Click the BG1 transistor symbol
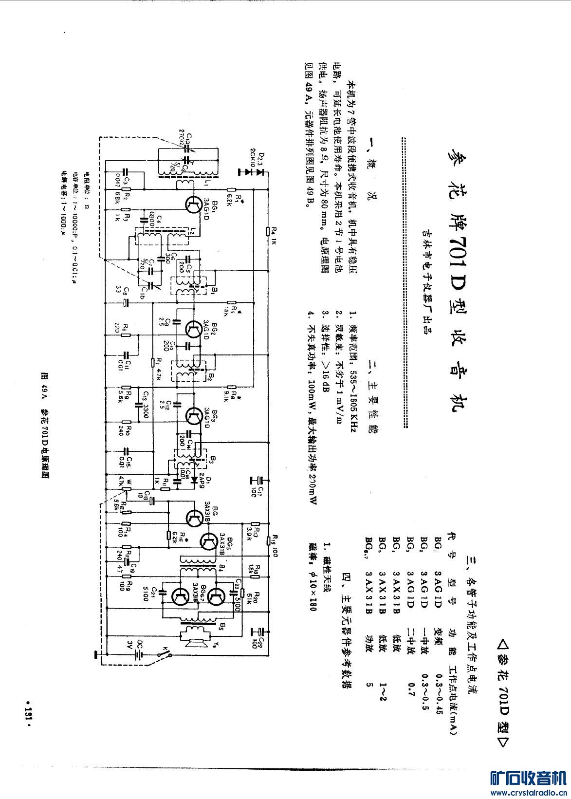tap(192, 204)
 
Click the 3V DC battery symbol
tap(139, 654)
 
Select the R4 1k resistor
tap(268, 231)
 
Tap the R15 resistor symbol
tap(268, 540)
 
